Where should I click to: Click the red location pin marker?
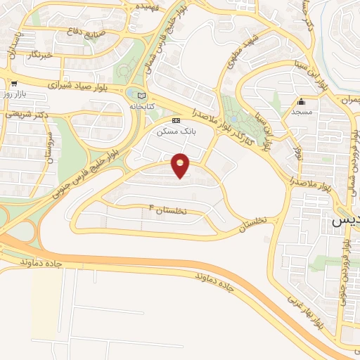[181, 165]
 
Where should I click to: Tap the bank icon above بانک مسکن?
[176, 120]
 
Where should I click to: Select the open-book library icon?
[143, 95]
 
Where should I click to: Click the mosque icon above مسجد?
[302, 101]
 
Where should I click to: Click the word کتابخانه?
[141, 105]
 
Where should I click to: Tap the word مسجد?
[302, 112]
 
